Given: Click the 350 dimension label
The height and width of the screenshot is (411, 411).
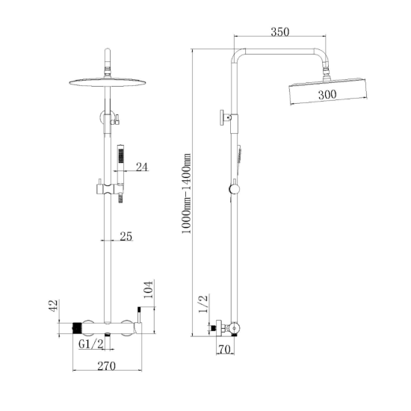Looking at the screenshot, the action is [280, 32].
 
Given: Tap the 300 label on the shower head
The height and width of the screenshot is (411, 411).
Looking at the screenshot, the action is [327, 94].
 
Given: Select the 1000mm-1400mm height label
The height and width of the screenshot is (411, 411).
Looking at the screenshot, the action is [186, 194].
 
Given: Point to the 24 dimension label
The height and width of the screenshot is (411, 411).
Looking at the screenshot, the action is [142, 167].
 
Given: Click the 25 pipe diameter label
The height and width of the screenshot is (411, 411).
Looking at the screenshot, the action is [126, 236].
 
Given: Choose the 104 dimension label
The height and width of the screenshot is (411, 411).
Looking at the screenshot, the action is [148, 290].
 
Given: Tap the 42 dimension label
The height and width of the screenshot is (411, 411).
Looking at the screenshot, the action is [53, 306].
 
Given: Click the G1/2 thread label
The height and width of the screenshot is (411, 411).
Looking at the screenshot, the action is [91, 344].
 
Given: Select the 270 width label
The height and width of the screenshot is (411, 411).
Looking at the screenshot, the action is [106, 366].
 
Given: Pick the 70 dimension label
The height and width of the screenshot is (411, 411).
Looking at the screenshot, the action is [225, 350].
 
